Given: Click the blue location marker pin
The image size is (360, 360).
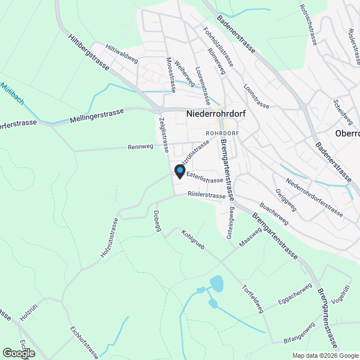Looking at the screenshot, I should click(x=180, y=170).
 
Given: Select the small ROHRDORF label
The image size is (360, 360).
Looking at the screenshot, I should click(x=223, y=133).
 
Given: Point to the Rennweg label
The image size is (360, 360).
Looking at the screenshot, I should click(x=141, y=147).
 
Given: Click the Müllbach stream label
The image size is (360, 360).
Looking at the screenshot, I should click(x=12, y=93).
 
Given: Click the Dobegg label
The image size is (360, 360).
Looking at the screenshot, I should click(x=157, y=220).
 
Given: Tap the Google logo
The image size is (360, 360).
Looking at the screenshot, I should click(x=18, y=353).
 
